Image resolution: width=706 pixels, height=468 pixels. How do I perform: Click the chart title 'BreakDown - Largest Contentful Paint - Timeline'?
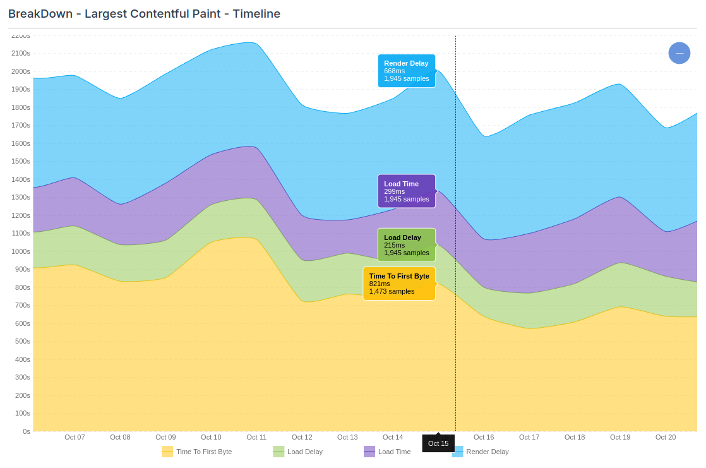tap(144, 14)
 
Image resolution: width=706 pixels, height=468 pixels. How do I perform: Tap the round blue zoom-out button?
tap(679, 53)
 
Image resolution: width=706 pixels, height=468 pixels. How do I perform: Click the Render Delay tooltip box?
tap(406, 71)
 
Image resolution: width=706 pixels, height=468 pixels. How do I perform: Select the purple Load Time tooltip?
tap(406, 191)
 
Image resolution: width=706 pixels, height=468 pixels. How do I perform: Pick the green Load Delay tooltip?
tap(406, 245)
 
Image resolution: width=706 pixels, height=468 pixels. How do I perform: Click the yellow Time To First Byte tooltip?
tap(398, 284)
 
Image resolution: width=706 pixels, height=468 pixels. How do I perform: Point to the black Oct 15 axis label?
tap(438, 443)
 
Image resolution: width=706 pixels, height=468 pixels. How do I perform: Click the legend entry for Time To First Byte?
tap(197, 452)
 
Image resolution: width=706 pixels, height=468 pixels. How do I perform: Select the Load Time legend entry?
tap(387, 452)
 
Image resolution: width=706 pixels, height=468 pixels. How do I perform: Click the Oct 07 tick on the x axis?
tap(75, 437)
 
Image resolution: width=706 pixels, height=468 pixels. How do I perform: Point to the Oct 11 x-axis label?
tap(256, 437)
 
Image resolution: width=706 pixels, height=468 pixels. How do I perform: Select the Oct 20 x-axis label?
tap(666, 437)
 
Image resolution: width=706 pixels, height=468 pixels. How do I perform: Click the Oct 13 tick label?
tap(347, 437)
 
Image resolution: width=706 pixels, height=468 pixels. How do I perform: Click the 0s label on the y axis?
tap(26, 431)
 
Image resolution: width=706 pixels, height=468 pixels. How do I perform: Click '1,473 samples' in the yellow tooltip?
tap(392, 291)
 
